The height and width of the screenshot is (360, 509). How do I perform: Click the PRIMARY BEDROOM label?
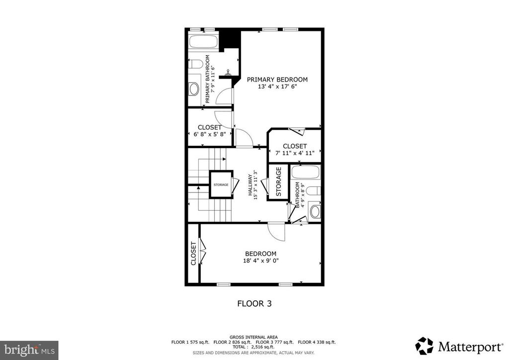point(277,80)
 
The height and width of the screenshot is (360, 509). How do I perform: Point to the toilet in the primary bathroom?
point(196,64)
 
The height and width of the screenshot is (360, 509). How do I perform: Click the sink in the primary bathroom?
point(194,89)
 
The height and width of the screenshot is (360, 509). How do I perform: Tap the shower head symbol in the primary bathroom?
point(228,73)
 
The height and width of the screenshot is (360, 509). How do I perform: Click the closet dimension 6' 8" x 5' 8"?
point(209,134)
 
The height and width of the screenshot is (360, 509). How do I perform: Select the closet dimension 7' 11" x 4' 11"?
point(295,153)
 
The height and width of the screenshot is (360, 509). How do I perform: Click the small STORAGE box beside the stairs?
point(221,185)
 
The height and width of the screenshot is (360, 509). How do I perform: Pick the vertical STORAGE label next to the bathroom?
point(279,182)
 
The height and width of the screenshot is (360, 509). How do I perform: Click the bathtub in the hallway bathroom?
point(306,173)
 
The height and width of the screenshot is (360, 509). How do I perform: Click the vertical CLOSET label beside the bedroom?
point(193,254)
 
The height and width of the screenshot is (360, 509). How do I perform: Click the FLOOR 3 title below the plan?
point(254,303)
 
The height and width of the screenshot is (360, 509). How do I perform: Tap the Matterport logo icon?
point(424,346)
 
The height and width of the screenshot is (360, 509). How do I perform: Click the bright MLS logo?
point(29,350)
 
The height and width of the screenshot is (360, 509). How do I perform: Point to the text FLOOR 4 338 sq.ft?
point(317,342)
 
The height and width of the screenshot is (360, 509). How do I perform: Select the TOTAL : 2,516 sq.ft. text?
point(254,347)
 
